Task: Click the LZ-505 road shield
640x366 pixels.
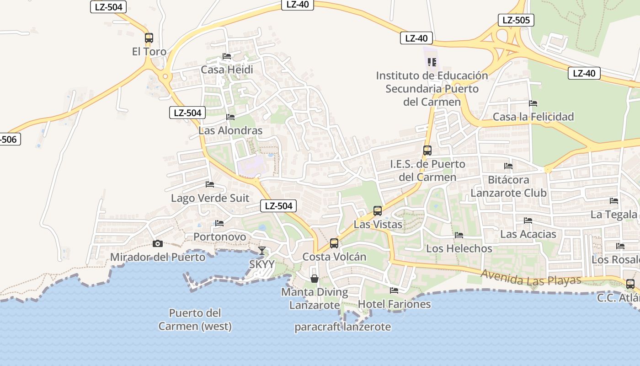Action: coord(516,20)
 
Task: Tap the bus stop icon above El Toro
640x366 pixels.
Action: coord(149,38)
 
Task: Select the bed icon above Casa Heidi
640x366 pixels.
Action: coord(227,56)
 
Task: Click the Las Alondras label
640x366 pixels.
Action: coord(230,130)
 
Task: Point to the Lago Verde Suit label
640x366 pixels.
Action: coord(210,198)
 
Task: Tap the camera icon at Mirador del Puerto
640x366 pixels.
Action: coord(158,243)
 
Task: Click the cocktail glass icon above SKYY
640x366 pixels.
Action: coord(262,251)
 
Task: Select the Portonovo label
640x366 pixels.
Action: coord(220,237)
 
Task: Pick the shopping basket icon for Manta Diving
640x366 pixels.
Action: coord(315,278)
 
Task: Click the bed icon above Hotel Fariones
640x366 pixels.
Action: coord(394,290)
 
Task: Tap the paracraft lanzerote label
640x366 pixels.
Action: coord(342,327)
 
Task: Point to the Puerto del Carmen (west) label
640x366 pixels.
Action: coord(195,320)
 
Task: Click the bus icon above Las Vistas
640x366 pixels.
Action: coord(378,211)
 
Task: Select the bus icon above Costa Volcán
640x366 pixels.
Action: coord(334,243)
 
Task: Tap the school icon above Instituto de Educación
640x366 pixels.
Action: coord(432,62)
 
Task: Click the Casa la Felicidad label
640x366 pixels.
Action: coord(533,117)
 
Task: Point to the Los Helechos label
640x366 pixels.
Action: coord(459,248)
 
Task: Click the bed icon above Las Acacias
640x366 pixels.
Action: coord(528,221)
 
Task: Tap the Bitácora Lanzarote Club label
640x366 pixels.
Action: coord(508,186)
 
